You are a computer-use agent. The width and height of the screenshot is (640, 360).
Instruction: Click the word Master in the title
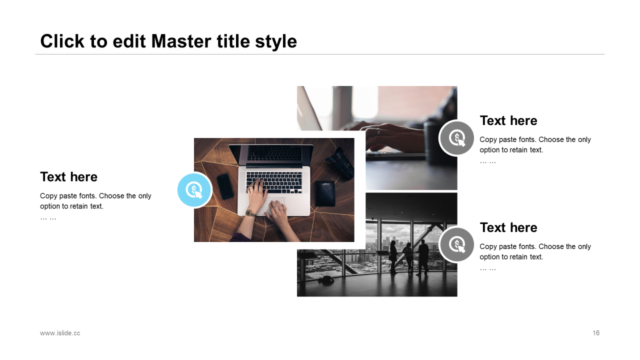[x=181, y=41]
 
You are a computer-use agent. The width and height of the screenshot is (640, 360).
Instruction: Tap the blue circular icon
[x=194, y=190]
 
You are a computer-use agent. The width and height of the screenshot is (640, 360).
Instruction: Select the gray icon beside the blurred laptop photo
[x=456, y=138]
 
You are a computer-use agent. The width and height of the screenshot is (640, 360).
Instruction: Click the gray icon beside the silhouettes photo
[x=456, y=244]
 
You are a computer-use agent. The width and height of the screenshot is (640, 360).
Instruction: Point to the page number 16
[x=595, y=333]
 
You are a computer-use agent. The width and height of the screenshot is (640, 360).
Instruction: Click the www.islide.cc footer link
[x=60, y=333]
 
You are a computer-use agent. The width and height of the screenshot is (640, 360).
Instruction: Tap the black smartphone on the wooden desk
[x=225, y=186]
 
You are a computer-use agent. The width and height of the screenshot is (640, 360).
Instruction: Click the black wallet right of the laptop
[x=325, y=193]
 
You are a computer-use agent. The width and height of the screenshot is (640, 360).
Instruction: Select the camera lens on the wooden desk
[x=340, y=163]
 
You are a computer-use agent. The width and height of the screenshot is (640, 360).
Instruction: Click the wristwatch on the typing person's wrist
[x=250, y=213]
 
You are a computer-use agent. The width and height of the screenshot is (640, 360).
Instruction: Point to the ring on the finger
[x=378, y=131]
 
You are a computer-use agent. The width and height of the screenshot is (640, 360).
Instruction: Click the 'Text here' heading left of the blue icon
[x=68, y=177]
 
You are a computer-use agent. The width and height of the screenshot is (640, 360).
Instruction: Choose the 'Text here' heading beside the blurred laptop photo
[x=508, y=120]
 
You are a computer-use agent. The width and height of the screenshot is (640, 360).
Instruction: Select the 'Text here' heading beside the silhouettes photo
[x=508, y=227]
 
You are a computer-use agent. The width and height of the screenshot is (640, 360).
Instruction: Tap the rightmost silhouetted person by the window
[x=422, y=257]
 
